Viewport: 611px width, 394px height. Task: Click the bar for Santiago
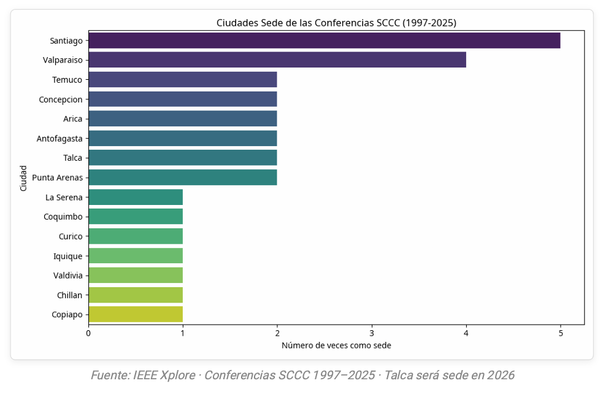click(x=324, y=41)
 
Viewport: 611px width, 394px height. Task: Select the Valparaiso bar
click(x=277, y=60)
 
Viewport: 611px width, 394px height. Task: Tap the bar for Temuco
click(x=183, y=80)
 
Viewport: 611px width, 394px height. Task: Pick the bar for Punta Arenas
click(x=183, y=177)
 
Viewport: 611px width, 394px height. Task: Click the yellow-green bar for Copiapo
click(x=136, y=315)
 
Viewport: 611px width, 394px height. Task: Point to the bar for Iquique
click(x=136, y=256)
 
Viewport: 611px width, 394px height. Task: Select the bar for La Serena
click(x=136, y=197)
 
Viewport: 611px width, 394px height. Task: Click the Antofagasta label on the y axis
click(x=60, y=139)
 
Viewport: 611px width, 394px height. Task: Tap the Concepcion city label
click(x=61, y=99)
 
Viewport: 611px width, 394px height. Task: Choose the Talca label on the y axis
click(x=72, y=158)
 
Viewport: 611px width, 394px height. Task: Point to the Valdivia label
click(x=67, y=276)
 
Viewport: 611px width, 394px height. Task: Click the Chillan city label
click(x=69, y=295)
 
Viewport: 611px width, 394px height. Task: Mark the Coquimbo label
click(x=63, y=217)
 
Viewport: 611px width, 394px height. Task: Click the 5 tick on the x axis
click(x=560, y=333)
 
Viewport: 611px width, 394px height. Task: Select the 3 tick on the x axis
click(x=372, y=333)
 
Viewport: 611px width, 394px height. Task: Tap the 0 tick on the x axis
click(x=88, y=333)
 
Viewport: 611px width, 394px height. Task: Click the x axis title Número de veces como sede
click(x=336, y=346)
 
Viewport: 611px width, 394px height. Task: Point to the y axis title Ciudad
click(x=23, y=178)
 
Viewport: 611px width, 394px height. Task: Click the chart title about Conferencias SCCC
click(x=336, y=23)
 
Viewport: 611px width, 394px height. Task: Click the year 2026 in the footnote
click(x=501, y=375)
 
